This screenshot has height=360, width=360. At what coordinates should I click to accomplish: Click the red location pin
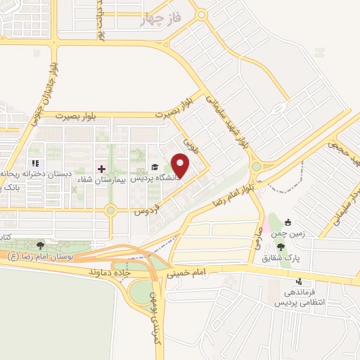(x=181, y=165)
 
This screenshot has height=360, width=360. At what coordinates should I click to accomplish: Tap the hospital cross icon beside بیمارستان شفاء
(x=101, y=169)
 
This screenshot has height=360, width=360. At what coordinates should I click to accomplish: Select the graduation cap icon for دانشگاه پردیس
(x=155, y=167)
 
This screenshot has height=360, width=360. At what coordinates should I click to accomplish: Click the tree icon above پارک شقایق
(x=281, y=247)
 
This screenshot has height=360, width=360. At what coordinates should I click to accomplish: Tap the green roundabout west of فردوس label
(x=110, y=210)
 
